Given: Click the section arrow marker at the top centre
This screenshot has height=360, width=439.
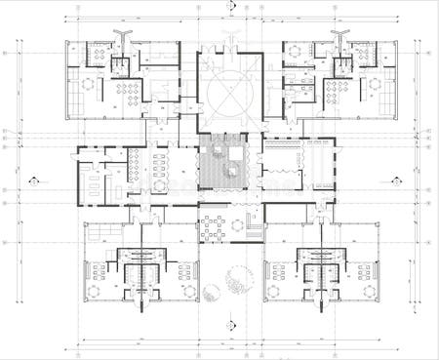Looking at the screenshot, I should (230, 6).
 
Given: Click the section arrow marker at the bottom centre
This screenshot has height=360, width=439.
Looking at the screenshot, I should (230, 325).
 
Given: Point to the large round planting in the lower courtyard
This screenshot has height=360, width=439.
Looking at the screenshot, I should (237, 283).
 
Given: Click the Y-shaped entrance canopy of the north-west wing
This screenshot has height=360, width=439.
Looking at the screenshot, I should (121, 35).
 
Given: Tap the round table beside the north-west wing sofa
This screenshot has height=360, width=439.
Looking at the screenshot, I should (88, 84).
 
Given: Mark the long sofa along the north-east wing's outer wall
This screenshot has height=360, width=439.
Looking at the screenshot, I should (389, 84).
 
